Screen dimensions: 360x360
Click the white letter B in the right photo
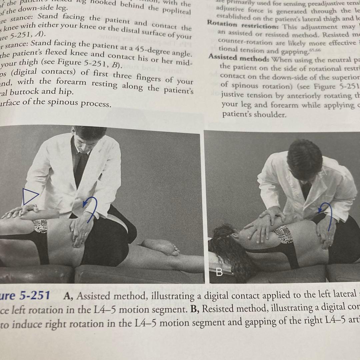[219, 272]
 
